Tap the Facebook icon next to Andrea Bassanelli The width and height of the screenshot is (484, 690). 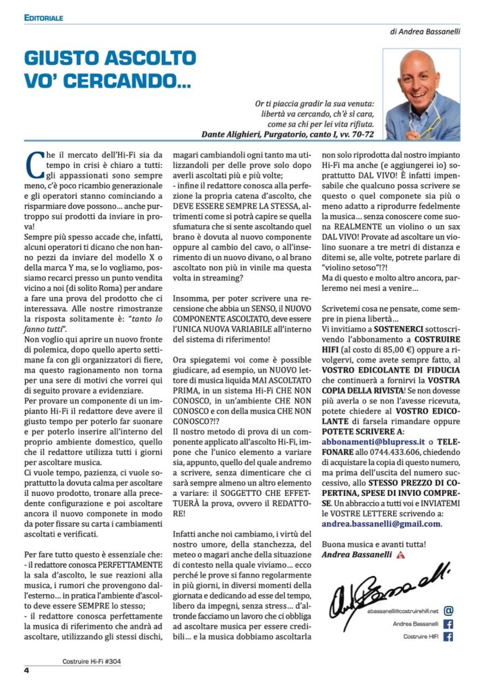click(448, 624)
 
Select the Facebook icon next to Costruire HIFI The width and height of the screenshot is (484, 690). click(448, 637)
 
